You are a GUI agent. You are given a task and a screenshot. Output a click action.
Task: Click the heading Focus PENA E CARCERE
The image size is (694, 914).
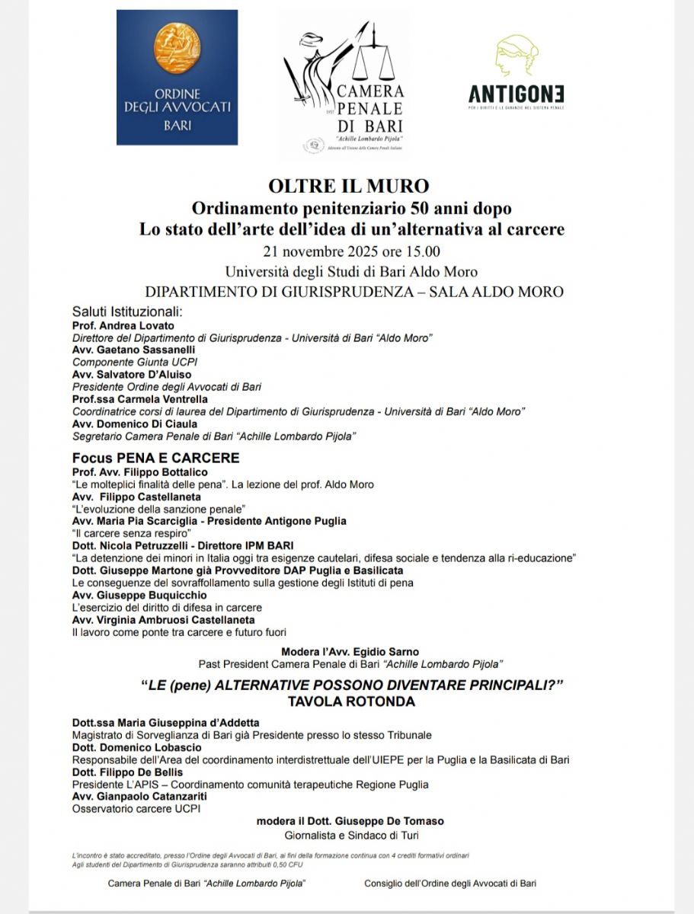[155, 459]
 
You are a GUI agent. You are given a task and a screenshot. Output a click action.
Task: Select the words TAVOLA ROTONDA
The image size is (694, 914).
[351, 702]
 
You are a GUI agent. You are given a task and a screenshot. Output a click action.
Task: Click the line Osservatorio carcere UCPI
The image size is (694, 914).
[136, 809]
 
